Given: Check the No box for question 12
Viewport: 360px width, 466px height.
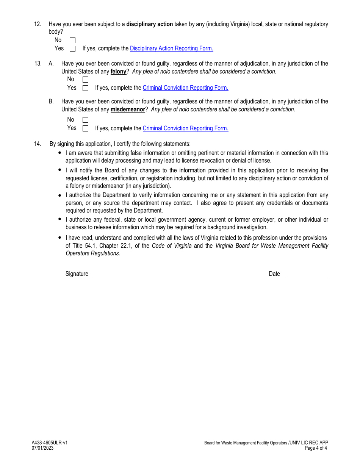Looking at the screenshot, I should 72,40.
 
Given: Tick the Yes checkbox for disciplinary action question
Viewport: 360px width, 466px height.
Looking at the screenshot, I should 72,48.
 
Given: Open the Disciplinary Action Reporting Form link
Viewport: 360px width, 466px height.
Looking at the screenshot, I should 171,48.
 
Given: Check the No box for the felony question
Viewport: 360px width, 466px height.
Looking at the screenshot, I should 85,80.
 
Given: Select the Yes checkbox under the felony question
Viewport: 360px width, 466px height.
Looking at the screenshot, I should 85,88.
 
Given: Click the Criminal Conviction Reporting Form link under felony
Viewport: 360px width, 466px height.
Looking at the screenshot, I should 185,88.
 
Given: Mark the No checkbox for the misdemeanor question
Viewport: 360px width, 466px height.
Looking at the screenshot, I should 85,120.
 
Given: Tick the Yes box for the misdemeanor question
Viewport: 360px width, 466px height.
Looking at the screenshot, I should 85,128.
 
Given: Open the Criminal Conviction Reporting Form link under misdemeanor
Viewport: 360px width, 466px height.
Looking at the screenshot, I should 185,128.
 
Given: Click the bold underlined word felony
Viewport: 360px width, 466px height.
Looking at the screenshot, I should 118,72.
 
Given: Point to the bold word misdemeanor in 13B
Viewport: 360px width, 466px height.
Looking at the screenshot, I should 128,109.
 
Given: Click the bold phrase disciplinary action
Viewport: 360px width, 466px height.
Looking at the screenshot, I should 149,24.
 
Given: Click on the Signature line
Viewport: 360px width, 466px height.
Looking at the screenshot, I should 180,275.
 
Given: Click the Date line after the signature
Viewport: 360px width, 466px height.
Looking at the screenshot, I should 307,275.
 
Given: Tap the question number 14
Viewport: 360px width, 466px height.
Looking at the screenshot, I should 38,144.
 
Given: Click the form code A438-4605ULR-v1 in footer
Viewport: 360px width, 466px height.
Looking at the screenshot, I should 50,443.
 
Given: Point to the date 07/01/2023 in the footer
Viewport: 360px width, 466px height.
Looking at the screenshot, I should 42,448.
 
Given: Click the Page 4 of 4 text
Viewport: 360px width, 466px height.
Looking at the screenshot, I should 316,448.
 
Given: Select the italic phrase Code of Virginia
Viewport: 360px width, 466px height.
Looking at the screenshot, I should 172,246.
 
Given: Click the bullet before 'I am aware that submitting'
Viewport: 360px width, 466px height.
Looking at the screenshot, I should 59,152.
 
